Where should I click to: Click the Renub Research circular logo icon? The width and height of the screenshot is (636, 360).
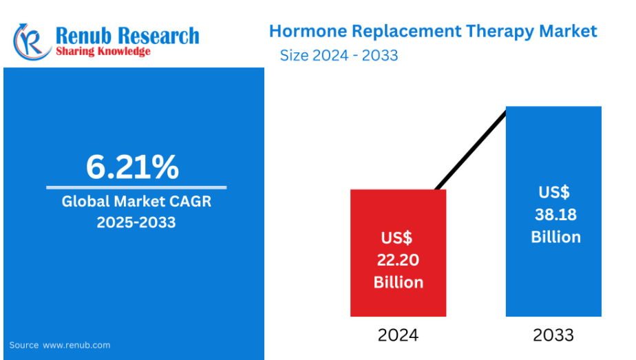[x=32, y=42]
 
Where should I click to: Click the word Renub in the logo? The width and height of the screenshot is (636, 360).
[x=83, y=36]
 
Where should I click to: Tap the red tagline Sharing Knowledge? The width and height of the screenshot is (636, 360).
[x=103, y=52]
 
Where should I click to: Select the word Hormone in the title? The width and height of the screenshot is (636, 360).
[x=308, y=31]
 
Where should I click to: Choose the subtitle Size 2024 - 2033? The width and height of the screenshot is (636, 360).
[x=339, y=56]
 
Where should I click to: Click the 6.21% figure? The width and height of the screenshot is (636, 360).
[x=132, y=167]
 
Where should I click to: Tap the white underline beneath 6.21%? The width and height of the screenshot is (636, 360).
[x=136, y=188]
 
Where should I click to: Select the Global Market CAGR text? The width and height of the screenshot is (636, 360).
[x=136, y=202]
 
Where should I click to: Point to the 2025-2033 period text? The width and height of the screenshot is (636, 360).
[x=136, y=222]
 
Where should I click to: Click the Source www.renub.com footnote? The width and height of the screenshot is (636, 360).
[x=60, y=345]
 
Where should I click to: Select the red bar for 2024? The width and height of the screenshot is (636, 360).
[x=399, y=253]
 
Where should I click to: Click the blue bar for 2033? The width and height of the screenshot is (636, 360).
[x=553, y=211]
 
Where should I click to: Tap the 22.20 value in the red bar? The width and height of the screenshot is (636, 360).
[x=398, y=260]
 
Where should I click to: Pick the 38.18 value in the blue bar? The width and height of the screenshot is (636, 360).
[x=555, y=215]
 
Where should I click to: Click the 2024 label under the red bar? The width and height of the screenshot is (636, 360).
[x=398, y=335]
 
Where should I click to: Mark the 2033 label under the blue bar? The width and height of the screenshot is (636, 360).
[x=553, y=335]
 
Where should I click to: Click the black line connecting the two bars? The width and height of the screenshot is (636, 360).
[x=471, y=149]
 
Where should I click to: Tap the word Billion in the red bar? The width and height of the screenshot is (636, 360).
[x=399, y=282]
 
